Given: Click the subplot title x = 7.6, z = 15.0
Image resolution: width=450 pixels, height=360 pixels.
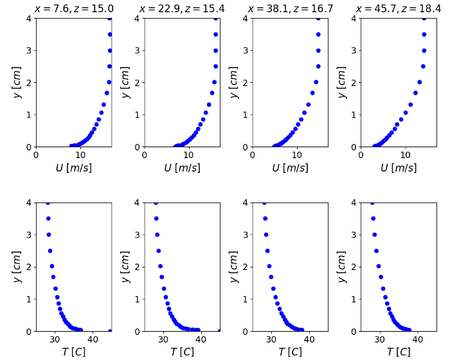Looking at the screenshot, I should pos(73,8).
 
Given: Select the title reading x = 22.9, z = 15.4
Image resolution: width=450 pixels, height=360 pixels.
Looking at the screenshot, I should pos(182,8).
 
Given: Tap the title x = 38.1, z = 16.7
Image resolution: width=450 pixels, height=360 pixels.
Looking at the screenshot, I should pos(290,8).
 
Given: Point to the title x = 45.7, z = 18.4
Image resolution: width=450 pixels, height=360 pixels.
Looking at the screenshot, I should pos(399,8).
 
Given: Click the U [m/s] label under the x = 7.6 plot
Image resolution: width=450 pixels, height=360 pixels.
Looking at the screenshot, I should pos(73,168).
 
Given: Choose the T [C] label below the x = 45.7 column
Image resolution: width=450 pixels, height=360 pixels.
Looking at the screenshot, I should pos(399,352).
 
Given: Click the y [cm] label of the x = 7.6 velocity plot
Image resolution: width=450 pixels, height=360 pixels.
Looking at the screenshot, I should pos(17,82).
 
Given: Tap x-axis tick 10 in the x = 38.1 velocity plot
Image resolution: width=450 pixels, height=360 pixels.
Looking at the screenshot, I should pos(296,155).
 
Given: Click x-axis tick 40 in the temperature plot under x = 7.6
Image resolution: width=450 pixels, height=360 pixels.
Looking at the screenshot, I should pos(93,339).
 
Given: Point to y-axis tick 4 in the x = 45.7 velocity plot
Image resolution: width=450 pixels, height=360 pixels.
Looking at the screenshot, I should pos(355,19).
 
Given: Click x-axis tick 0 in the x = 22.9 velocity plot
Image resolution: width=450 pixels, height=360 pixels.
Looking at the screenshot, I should pos(145,155).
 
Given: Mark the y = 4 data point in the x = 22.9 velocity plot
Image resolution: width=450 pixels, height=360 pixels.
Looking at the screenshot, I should pos(216,18).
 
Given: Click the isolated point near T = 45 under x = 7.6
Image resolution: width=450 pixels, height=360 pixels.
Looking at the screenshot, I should pos(110,331).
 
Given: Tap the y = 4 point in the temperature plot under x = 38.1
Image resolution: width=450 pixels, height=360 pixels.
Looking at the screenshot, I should pos(264,203).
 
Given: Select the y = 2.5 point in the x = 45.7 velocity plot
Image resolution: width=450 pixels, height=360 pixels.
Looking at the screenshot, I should pos(423,66).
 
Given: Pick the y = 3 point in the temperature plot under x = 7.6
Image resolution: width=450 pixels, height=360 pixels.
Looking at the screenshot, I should pos(49,235).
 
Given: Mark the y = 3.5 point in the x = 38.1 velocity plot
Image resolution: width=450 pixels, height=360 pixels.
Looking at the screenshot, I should pos(318,34).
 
